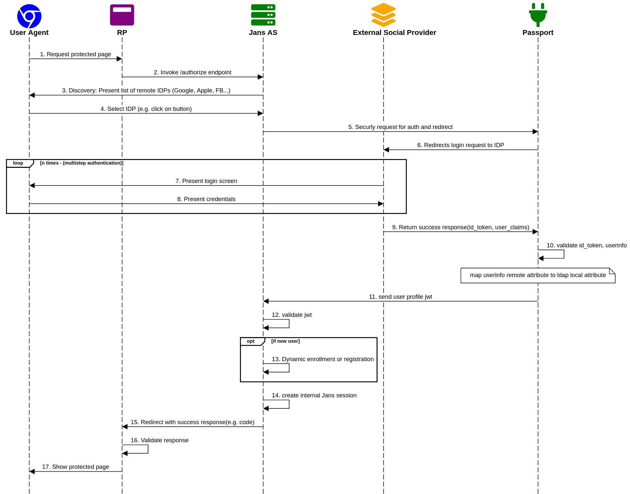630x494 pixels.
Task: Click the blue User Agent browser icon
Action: click(x=29, y=16)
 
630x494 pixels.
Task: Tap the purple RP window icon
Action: click(x=122, y=15)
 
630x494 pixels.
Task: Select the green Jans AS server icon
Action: click(x=263, y=15)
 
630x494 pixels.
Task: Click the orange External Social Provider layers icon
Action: click(x=383, y=15)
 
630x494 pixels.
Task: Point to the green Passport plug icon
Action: click(x=538, y=15)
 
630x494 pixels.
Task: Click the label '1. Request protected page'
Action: click(x=75, y=54)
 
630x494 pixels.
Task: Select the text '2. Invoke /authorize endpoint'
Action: click(x=192, y=72)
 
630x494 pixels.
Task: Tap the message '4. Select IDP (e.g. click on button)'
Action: click(x=146, y=109)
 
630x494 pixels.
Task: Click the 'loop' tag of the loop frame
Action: click(x=18, y=163)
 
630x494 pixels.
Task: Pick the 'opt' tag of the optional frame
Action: click(x=251, y=341)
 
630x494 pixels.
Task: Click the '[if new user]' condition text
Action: click(x=285, y=341)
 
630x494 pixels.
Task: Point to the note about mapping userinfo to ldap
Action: click(x=538, y=275)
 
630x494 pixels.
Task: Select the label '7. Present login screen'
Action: click(x=206, y=181)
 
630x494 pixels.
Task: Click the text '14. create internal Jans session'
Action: click(x=314, y=395)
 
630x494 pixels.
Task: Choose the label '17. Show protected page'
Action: click(x=75, y=467)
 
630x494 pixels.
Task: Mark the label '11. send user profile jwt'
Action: click(x=400, y=297)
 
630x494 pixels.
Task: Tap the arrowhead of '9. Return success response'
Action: click(x=535, y=232)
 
